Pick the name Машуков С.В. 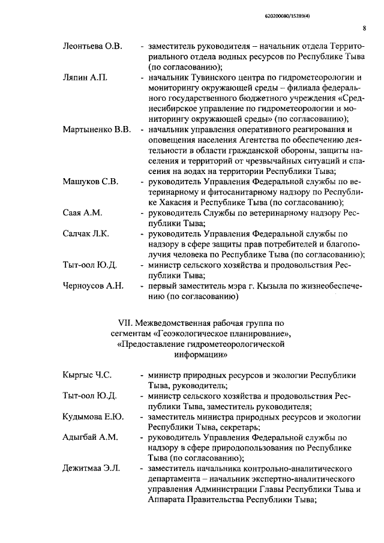[89, 181]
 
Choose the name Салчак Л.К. [86, 233]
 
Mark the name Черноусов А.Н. [93, 286]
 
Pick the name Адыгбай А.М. [89, 437]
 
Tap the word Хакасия [170, 202]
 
